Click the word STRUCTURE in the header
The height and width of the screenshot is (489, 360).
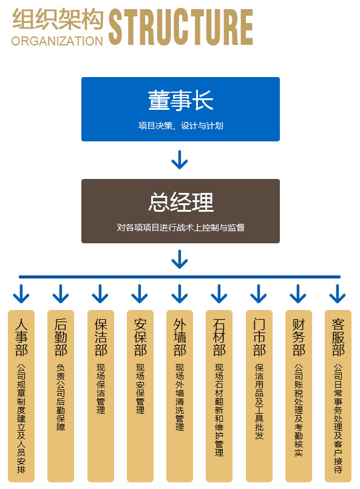pos(181,27)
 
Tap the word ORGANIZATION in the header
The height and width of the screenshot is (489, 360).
pos(57,41)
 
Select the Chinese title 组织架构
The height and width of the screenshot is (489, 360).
pos(58,19)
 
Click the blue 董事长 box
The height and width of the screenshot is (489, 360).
pos(180,109)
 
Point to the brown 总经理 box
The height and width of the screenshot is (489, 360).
pos(180,211)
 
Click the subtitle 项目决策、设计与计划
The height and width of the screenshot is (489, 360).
pos(181,126)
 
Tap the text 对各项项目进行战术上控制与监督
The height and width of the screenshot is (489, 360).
pos(181,228)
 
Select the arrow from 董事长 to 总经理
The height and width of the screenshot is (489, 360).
pos(180,160)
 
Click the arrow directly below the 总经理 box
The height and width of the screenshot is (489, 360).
pos(180,259)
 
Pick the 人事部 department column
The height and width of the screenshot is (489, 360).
pos(21,396)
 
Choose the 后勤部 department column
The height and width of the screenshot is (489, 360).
pos(61,396)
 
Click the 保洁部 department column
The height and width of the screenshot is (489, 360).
pos(100,396)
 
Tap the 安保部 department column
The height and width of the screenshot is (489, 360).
pos(140,396)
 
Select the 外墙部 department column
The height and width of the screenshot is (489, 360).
pos(180,396)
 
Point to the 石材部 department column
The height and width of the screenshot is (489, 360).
pos(219,396)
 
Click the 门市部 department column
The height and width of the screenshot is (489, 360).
pos(259,396)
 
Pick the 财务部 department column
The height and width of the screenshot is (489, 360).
pos(299,396)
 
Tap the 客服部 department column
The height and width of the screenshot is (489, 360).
pos(338,396)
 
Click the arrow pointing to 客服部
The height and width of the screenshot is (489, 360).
pos(338,294)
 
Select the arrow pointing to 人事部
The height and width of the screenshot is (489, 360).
pos(21,294)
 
